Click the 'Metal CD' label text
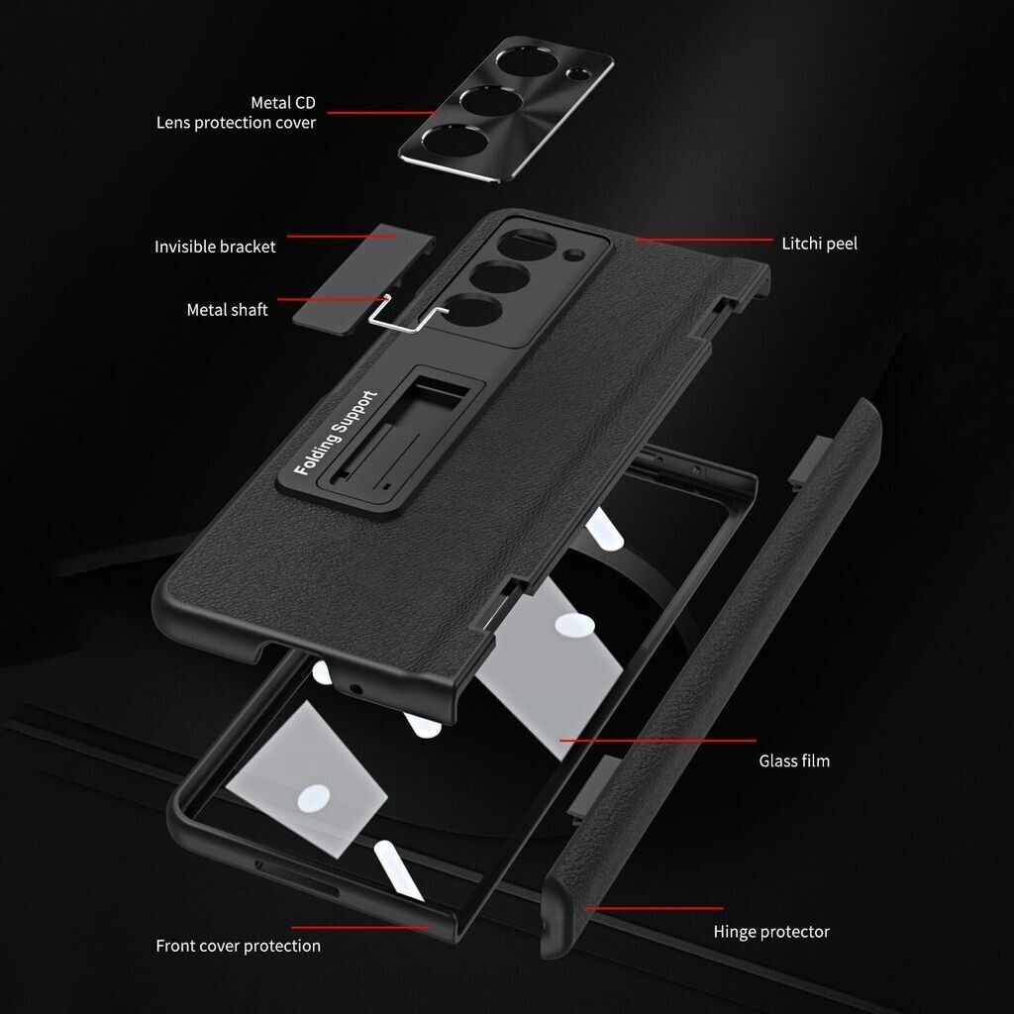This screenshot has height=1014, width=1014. tap(282, 103)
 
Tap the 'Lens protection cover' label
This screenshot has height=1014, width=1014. tap(236, 123)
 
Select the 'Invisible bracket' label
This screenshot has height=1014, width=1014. tap(215, 247)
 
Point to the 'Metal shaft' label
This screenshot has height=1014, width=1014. tap(227, 310)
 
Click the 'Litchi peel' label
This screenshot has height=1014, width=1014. tap(819, 244)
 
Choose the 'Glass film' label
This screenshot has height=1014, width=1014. tap(794, 761)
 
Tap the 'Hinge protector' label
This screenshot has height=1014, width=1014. tap(771, 932)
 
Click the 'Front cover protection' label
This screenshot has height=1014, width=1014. tap(238, 946)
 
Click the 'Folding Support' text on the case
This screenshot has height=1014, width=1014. tap(335, 433)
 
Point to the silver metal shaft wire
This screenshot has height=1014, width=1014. tap(407, 315)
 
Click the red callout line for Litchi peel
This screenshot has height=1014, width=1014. tap(704, 240)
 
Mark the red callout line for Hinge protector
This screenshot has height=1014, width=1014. tap(655, 909)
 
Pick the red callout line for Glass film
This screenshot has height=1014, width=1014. tap(658, 741)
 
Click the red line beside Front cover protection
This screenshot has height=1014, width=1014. tap(360, 928)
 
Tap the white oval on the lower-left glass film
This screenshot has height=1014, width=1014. tap(314, 799)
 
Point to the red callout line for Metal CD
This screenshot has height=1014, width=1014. tap(381, 113)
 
